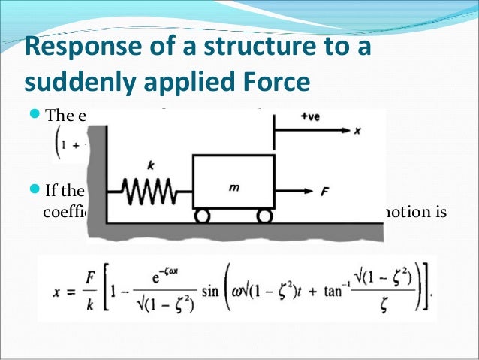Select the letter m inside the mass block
click(234, 188)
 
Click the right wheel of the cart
click(263, 216)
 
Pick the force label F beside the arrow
click(325, 193)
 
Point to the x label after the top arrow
click(357, 130)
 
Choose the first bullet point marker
click(37, 116)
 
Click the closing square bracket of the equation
click(429, 289)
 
